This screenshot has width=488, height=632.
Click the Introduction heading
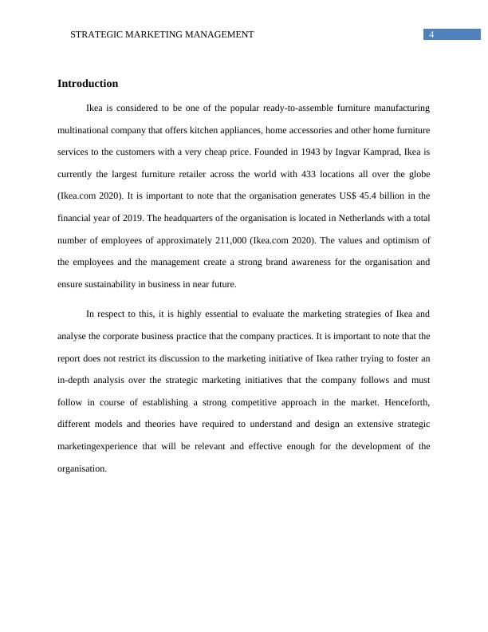tap(88, 84)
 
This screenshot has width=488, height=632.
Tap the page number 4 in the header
tap(431, 34)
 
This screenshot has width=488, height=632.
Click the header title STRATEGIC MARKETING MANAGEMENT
tap(162, 34)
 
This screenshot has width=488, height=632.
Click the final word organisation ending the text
tap(82, 468)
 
